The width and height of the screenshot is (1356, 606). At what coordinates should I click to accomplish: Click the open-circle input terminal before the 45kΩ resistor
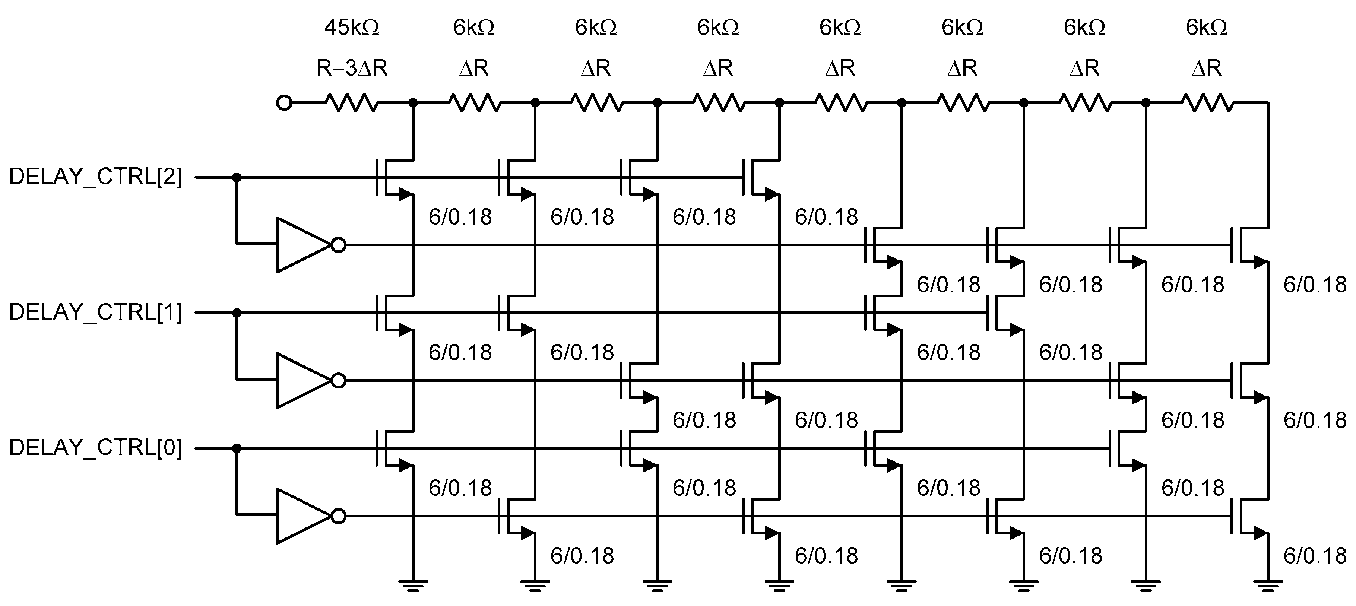pyautogui.click(x=284, y=103)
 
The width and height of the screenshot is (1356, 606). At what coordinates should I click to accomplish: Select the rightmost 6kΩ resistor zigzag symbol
pyautogui.click(x=1207, y=103)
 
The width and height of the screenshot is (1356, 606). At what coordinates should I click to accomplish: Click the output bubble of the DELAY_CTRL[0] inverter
pyautogui.click(x=339, y=516)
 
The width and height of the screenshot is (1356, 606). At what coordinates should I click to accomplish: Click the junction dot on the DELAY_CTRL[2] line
pyautogui.click(x=237, y=177)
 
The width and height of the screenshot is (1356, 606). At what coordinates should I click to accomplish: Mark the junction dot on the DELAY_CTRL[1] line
pyautogui.click(x=237, y=313)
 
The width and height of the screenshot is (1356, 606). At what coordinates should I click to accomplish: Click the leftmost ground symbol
pyautogui.click(x=413, y=584)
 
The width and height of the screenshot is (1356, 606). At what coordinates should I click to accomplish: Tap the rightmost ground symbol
pyautogui.click(x=1268, y=584)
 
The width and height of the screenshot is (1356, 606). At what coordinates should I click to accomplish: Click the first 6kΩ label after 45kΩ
pyautogui.click(x=474, y=28)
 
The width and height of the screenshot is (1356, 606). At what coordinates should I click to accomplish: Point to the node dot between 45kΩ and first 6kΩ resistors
pyautogui.click(x=413, y=103)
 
